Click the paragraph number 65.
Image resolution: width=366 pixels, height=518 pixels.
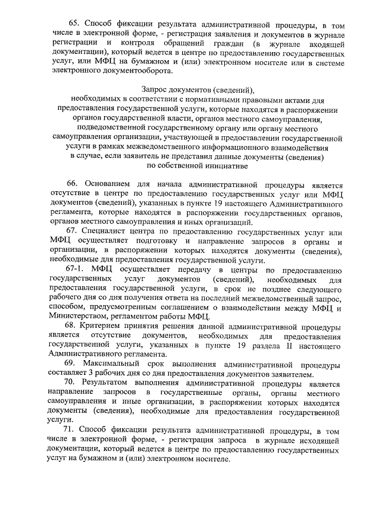(x=74, y=23)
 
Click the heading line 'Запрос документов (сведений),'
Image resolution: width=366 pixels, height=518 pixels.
(x=197, y=90)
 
